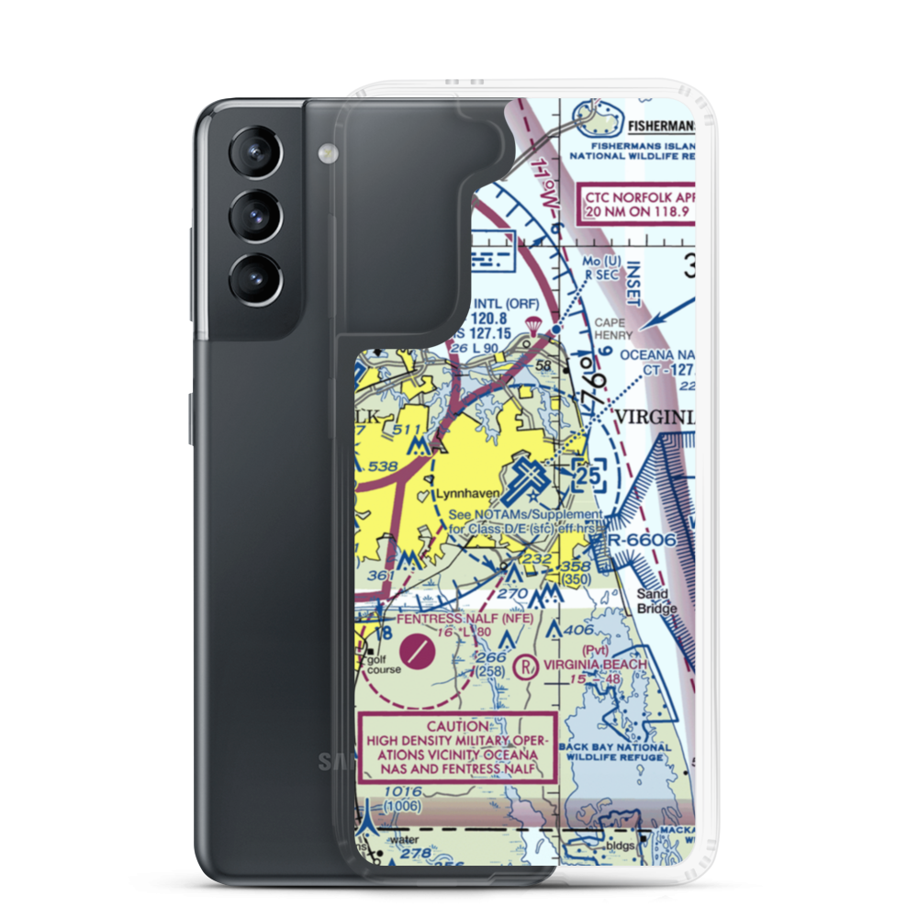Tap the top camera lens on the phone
coord(253,152)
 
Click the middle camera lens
coord(253,216)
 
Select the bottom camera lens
coord(253,277)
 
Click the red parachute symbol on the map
coord(532,324)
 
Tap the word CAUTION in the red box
coord(456,725)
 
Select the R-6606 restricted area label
coord(643,540)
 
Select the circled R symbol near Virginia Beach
coord(526,665)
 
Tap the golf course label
coord(378,664)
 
